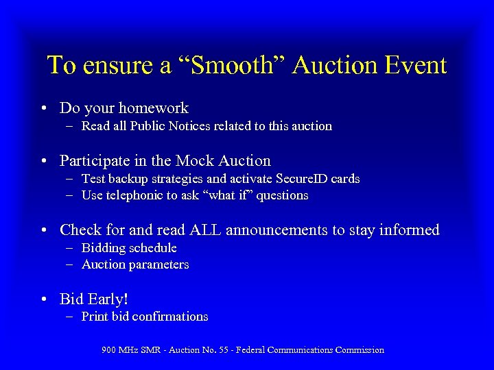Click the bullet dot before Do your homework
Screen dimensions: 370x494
pos(43,108)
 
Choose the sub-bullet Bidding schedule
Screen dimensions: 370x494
pos(129,248)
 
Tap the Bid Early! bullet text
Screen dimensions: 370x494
pos(94,299)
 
